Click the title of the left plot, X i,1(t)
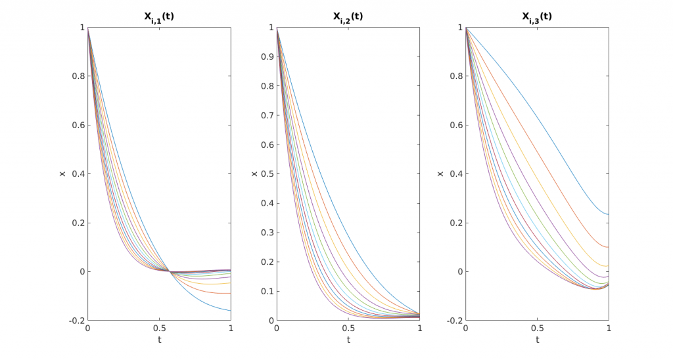pyautogui.click(x=159, y=18)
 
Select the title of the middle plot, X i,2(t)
pyautogui.click(x=348, y=18)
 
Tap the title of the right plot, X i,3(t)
pyautogui.click(x=537, y=18)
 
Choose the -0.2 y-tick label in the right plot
pyautogui.click(x=453, y=321)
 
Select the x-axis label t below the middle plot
pyautogui.click(x=348, y=340)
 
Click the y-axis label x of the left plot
pyautogui.click(x=62, y=174)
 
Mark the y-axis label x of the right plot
pyautogui.click(x=440, y=174)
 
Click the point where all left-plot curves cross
pyautogui.click(x=170, y=271)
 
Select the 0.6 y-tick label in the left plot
pyautogui.click(x=77, y=125)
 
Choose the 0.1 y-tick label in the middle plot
pyautogui.click(x=266, y=291)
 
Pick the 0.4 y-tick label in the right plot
pyautogui.click(x=455, y=174)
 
